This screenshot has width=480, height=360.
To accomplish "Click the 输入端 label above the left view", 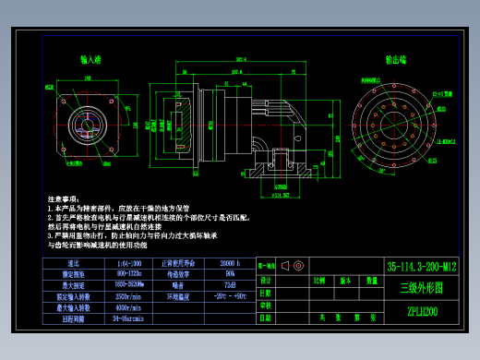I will (x=90, y=60).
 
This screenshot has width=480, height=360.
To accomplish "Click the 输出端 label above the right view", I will (x=396, y=60).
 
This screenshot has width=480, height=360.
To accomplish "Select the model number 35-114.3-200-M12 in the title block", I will (x=423, y=265).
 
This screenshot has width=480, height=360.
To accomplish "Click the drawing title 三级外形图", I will (x=422, y=287).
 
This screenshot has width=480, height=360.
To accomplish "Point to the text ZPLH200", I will (x=422, y=311).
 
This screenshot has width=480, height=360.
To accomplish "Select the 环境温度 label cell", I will (x=177, y=296).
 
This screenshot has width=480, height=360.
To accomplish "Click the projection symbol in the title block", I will (x=296, y=266).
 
